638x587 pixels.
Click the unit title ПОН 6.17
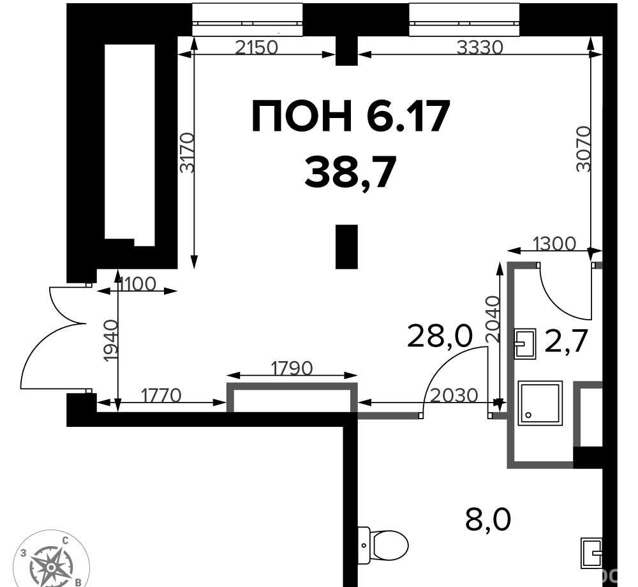pos(351,116)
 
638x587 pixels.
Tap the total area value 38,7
pos(350,172)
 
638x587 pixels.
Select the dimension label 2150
pos(256,48)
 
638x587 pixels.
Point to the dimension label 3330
pos(480,48)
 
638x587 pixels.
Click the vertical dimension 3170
pos(188,152)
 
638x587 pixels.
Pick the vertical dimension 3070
pos(584,149)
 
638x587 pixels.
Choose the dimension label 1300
pos(554,244)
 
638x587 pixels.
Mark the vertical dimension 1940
pos(110,341)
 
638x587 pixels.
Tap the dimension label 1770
pos(161,395)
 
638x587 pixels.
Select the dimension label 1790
pos(292,368)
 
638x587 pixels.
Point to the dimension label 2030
pos(454,395)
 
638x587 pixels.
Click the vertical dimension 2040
pos(493,318)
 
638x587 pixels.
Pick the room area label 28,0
pos(440,336)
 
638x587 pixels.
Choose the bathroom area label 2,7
pos(566,341)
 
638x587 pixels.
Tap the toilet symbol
pos(383,545)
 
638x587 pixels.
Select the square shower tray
pos(540,403)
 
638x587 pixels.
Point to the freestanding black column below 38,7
pos(346,247)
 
